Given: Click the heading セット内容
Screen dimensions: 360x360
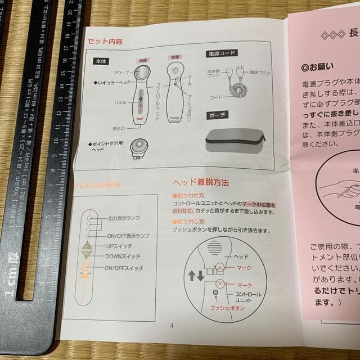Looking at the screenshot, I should click(x=105, y=42).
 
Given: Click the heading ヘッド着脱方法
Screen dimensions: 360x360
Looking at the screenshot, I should click(x=200, y=182).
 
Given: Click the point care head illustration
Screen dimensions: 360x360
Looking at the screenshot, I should click(x=138, y=148).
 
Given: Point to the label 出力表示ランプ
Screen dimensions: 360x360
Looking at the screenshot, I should click(x=124, y=218).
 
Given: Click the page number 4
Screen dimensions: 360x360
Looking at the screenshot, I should click(x=172, y=325).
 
